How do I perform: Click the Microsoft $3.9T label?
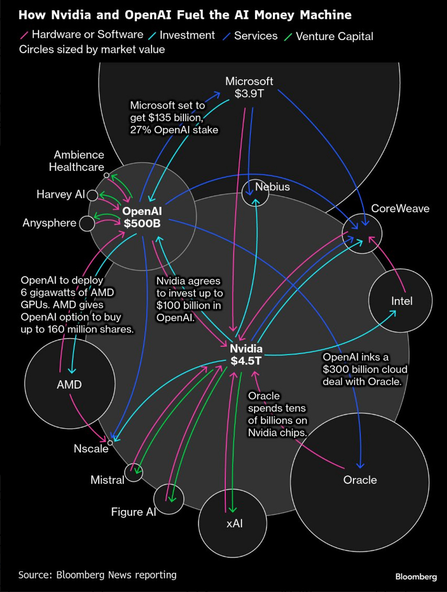click(249, 87)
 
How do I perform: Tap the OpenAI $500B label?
click(142, 217)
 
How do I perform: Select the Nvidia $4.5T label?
click(246, 355)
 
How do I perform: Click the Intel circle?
click(400, 301)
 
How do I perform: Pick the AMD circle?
click(69, 384)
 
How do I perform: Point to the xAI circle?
click(233, 523)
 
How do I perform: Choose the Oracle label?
click(360, 480)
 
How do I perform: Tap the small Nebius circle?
click(255, 193)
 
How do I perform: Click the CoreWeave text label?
click(400, 208)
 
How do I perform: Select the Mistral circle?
click(133, 473)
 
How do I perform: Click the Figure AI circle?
click(169, 499)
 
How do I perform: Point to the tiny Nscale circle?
click(110, 442)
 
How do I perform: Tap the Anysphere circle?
click(87, 223)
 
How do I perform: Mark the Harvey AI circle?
click(93, 195)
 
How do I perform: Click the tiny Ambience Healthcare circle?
click(106, 175)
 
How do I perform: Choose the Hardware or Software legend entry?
click(82, 35)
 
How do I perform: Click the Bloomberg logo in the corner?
click(416, 577)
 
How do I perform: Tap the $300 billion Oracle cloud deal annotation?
click(365, 369)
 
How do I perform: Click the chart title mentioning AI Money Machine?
click(185, 15)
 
